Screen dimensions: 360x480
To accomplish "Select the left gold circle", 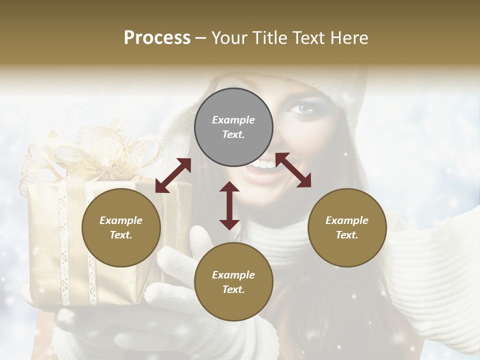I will click(121, 227).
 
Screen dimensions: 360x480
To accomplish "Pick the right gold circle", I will click(347, 227).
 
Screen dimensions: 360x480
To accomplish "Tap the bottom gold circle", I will click(233, 282).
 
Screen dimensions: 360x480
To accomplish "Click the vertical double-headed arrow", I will click(229, 205).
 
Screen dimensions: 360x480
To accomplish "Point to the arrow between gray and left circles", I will click(173, 175).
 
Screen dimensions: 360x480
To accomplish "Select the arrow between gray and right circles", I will click(293, 170).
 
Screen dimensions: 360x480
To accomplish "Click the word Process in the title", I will click(157, 37).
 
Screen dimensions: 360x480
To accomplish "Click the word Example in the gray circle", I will click(233, 120).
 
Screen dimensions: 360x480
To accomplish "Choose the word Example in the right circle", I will click(347, 220).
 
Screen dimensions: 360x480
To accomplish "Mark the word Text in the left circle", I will click(121, 235).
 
